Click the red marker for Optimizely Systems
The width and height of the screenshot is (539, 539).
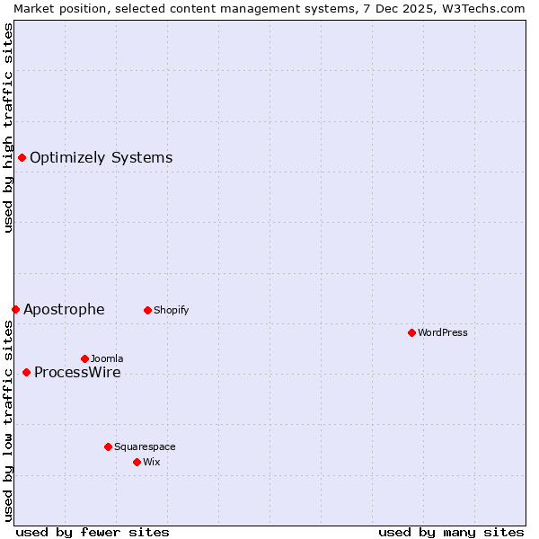22,158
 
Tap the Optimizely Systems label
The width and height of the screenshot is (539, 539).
101,158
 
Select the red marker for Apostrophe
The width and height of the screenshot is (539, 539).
15,310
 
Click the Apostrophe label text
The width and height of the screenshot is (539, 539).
64,310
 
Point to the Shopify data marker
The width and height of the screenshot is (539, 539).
147,311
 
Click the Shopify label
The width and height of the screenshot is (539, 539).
171,311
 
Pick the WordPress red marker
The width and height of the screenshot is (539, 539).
411,333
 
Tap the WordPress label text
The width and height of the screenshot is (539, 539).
442,333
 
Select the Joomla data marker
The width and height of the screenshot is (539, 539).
84,359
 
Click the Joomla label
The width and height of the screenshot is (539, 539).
107,359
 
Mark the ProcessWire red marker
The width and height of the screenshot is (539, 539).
26,373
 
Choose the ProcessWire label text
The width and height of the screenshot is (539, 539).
77,373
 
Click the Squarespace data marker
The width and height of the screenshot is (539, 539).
108,446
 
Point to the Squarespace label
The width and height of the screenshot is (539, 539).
145,446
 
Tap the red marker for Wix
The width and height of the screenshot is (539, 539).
137,463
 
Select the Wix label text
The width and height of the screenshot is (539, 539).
152,463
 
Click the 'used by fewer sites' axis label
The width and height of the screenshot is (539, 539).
93,532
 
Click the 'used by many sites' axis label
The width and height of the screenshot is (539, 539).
451,532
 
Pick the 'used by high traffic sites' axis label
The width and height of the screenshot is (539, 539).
8,128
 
